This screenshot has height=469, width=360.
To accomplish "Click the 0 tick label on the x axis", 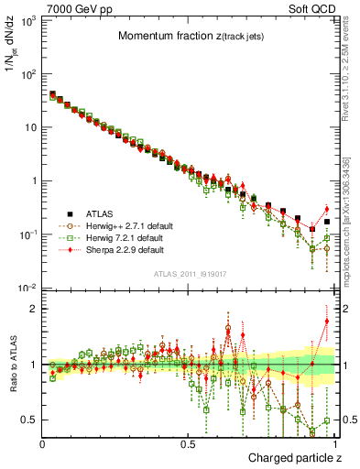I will click(x=43, y=444).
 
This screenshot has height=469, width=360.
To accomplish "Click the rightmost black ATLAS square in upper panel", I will click(x=327, y=222).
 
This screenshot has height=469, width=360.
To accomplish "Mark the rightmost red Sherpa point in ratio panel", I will click(x=327, y=321).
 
